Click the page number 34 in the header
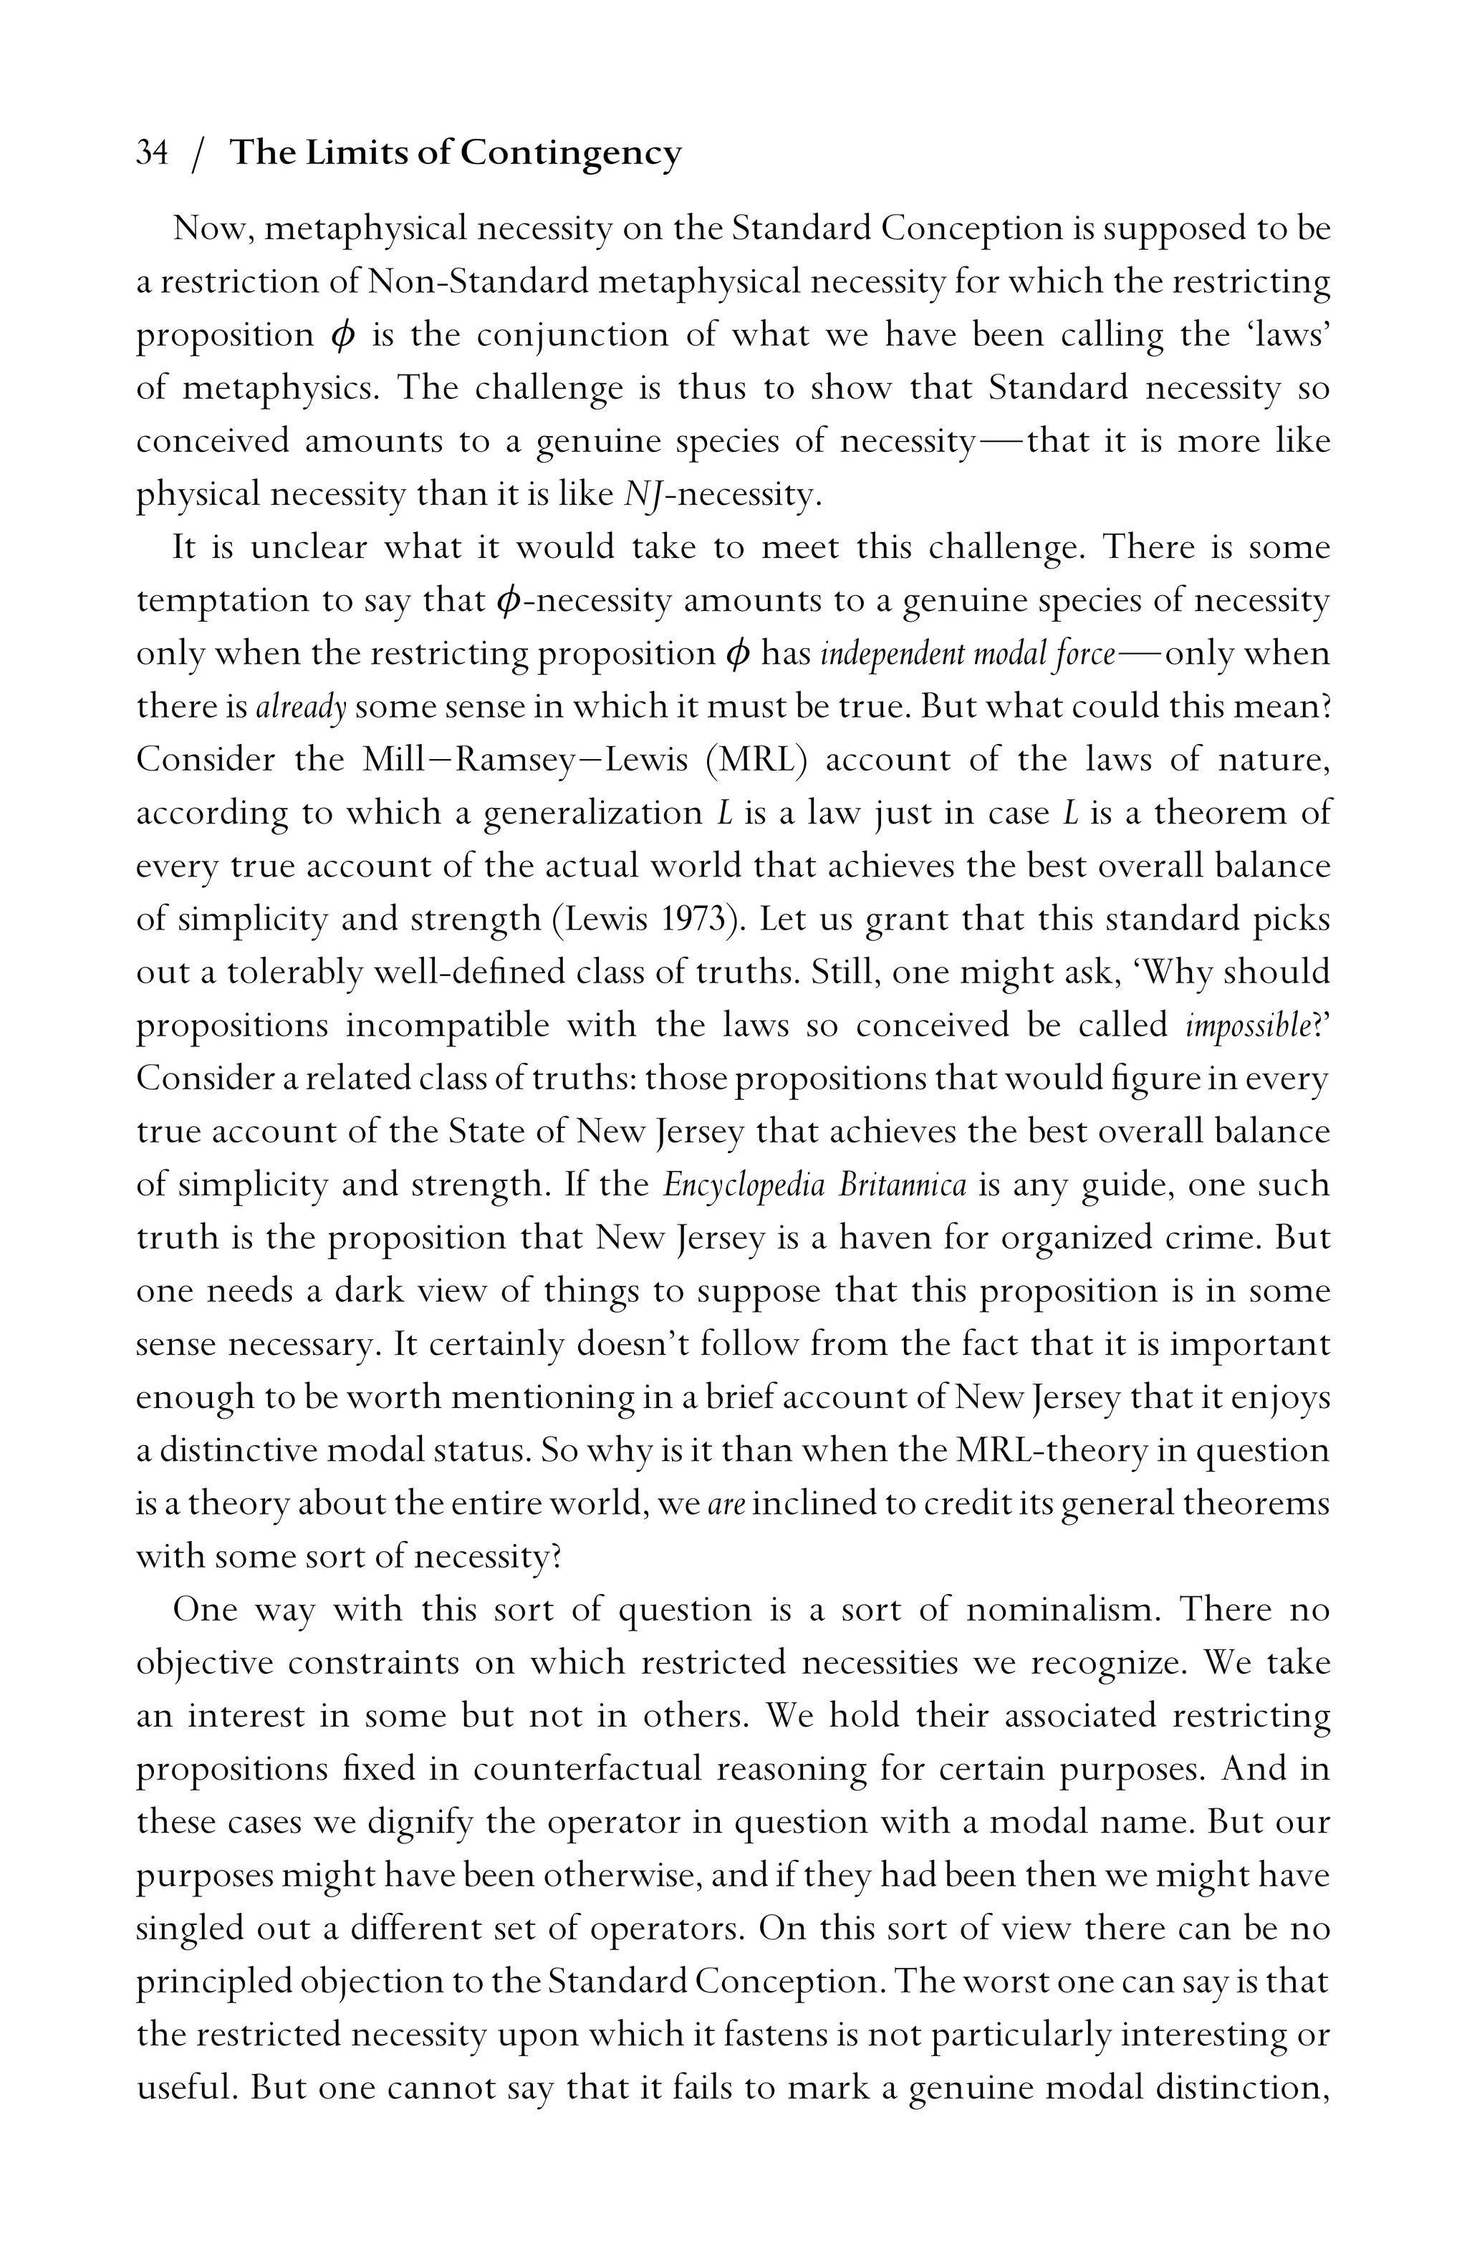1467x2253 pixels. coord(153,153)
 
